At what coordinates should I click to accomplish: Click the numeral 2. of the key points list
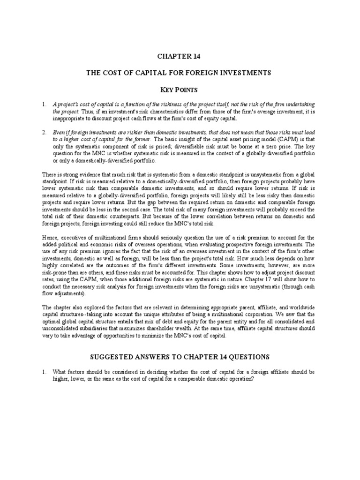tap(44, 133)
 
